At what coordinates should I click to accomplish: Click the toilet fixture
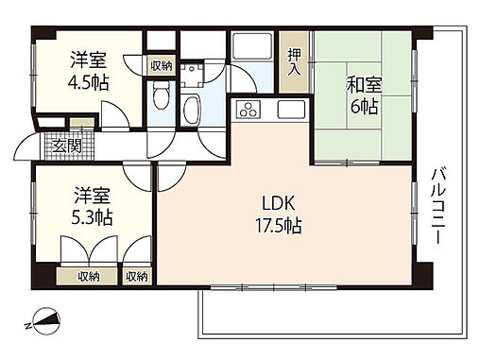161,95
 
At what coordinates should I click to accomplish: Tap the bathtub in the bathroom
192,110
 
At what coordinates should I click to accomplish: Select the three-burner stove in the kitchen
249,110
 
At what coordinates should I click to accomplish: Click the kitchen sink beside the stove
291,110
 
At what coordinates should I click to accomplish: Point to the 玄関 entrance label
67,146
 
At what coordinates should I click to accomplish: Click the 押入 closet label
294,62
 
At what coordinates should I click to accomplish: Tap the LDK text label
279,203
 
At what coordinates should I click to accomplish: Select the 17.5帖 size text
279,226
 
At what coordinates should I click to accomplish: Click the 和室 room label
364,85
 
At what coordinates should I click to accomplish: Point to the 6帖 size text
364,107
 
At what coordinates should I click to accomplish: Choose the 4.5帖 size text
89,83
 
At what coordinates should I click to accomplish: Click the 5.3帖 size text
92,217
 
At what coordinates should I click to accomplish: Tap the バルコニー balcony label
438,206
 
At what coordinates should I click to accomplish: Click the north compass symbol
46,320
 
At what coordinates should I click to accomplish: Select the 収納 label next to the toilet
162,66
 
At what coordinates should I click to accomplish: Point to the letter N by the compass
27,326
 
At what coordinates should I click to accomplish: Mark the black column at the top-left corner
43,33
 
